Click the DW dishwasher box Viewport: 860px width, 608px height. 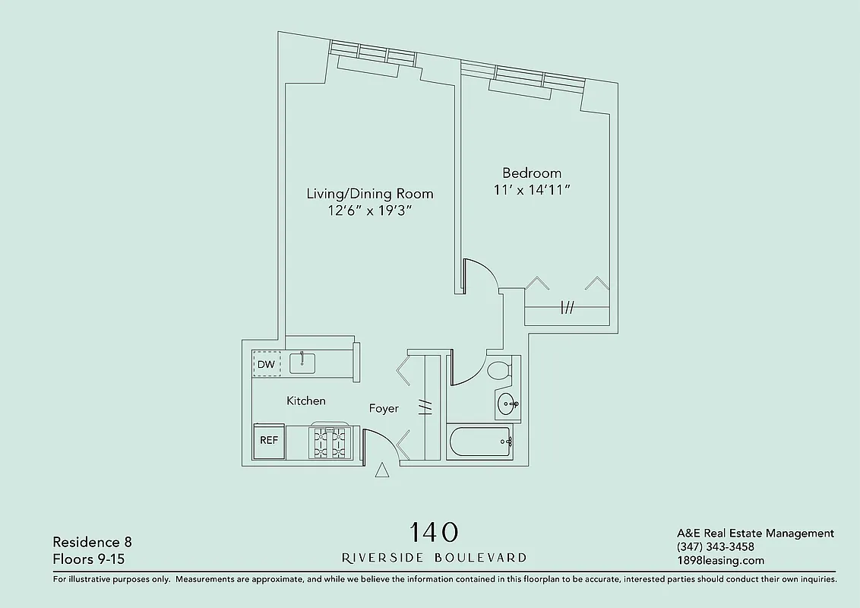266,364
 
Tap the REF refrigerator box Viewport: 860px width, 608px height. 269,441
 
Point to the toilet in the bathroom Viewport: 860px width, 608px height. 499,372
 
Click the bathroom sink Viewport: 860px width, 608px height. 506,404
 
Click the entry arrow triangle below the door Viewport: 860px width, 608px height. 382,470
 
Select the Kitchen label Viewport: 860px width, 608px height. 306,401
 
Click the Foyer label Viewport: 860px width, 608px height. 384,409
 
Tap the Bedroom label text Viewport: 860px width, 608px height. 532,173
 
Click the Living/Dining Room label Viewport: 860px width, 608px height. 369,194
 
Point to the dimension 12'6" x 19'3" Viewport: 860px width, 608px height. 369,211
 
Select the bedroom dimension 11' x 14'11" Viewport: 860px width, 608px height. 532,191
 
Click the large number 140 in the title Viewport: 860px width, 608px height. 434,532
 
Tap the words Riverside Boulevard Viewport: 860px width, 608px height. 434,557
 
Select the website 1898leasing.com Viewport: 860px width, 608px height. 720,561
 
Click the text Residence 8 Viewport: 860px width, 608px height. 92,542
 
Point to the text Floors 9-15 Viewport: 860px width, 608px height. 88,559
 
